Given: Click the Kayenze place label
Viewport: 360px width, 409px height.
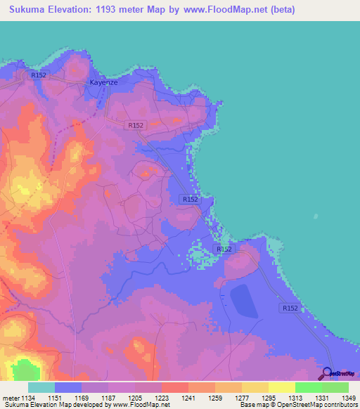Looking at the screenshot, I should coord(103,82).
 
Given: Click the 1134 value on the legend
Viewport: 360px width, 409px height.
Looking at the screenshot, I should coord(27,397).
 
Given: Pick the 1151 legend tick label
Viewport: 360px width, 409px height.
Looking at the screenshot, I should coord(55,397).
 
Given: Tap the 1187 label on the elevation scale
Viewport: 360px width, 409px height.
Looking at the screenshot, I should coord(108,397).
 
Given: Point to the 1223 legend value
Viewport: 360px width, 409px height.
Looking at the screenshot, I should coord(162,397).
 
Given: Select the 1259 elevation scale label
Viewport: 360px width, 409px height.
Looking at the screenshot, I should coord(215,397).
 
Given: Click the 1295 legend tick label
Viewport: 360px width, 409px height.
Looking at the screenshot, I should coord(269,397).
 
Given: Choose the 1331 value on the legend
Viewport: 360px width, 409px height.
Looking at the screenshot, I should coord(322,397).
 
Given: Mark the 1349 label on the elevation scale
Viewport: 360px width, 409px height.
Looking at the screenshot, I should coord(348,397).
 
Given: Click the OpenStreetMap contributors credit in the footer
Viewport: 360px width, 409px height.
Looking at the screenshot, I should coord(309,405).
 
